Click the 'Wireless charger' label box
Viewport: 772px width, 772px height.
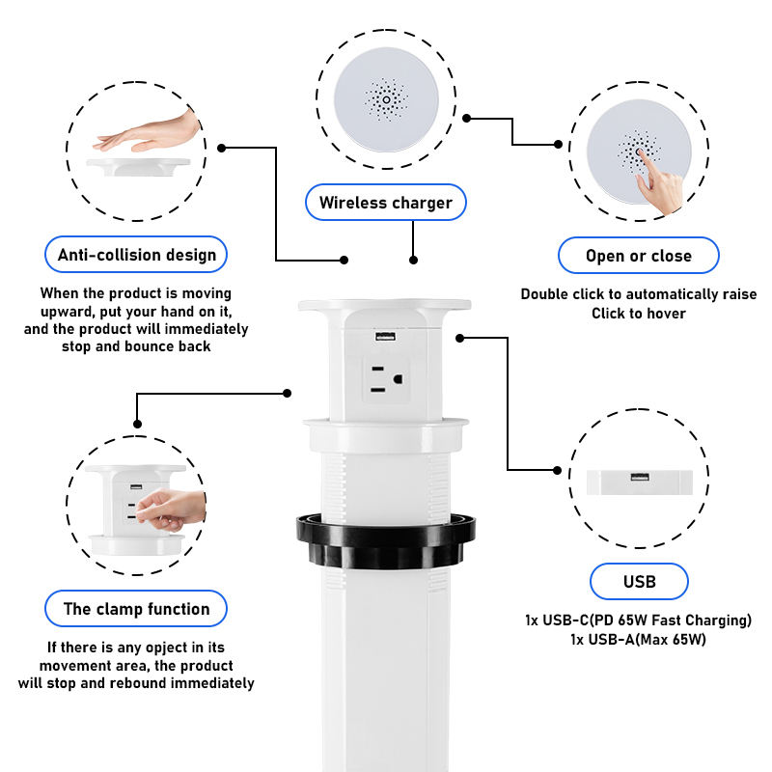click(385, 203)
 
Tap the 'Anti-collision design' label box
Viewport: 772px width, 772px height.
click(136, 255)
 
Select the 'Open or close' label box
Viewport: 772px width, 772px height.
click(638, 256)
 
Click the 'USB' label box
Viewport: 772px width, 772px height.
click(639, 581)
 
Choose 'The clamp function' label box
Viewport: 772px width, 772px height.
click(136, 609)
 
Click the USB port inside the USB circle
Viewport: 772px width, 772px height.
click(639, 478)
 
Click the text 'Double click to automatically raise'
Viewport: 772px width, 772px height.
click(638, 294)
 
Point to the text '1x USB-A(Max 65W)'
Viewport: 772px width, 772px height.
click(638, 639)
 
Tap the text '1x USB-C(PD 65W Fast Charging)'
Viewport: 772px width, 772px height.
click(638, 620)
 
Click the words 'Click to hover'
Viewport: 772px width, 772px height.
click(638, 313)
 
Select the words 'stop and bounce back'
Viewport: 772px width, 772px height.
click(136, 345)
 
